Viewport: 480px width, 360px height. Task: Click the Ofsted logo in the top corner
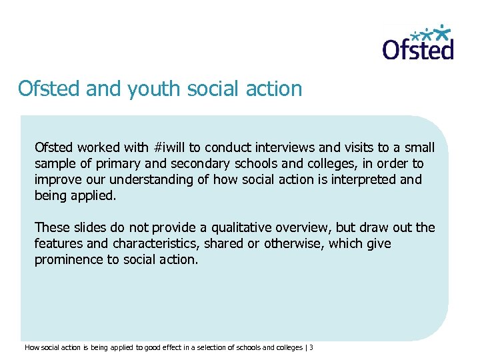pos(418,43)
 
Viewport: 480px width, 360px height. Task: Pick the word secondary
pos(189,164)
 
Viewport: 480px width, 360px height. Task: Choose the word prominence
pos(69,260)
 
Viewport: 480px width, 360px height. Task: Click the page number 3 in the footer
pos(311,347)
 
